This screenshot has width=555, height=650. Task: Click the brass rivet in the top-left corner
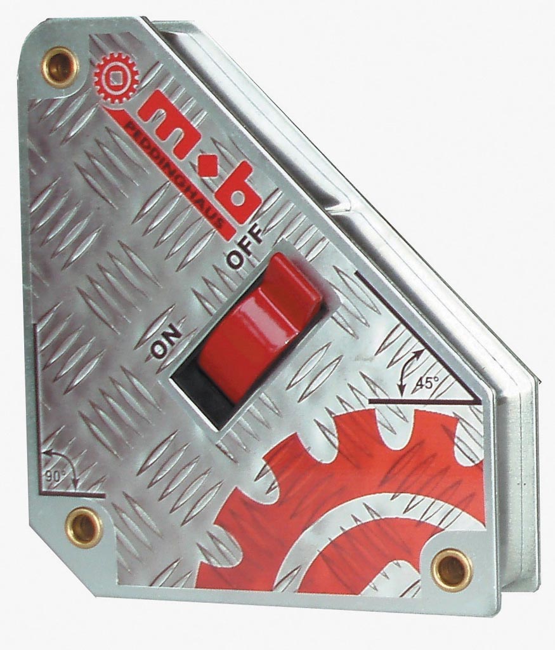pyautogui.click(x=62, y=63)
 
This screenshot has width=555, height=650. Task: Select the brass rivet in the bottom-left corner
pyautogui.click(x=85, y=527)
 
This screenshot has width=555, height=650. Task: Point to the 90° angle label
pyautogui.click(x=53, y=476)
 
